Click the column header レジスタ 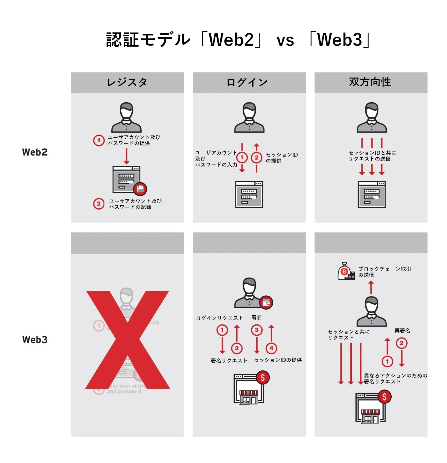(127, 82)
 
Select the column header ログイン (247, 82)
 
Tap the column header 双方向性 (370, 82)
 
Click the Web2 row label (35, 152)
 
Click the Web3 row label (35, 340)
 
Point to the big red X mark (128, 340)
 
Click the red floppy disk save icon (140, 189)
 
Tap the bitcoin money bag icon (345, 272)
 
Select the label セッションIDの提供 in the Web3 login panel (278, 360)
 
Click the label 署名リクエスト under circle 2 (229, 361)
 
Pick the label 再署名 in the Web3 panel (402, 331)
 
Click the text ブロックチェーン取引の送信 (384, 272)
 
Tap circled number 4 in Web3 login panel (271, 348)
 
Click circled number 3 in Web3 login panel (257, 330)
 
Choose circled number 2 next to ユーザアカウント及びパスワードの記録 (99, 204)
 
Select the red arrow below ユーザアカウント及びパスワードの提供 (126, 156)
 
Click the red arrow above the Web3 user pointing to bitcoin (371, 287)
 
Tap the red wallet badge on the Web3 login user (266, 303)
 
